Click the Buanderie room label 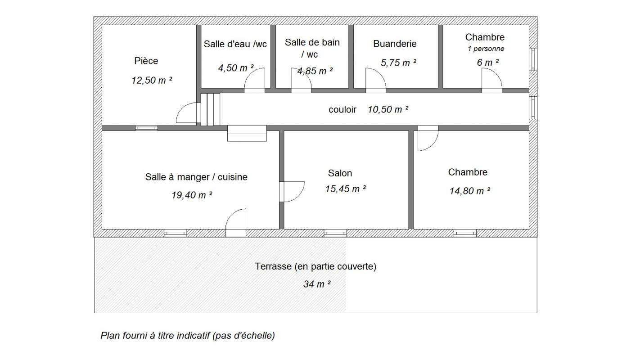pos(395,44)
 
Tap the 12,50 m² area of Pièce pos(152,80)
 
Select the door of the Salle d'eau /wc pos(254,80)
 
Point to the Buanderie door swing pos(376,80)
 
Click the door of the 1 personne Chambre pos(492,80)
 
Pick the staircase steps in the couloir pos(210,109)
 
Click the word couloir pos(342,109)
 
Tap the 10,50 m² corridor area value pos(388,109)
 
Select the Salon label pos(340,173)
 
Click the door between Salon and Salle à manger pos(292,192)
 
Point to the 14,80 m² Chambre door pos(428,138)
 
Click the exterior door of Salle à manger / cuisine pos(236,223)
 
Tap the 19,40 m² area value pos(192,195)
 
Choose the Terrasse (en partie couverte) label pos(315,266)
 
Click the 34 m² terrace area pos(317,284)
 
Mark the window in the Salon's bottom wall pos(335,233)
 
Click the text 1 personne pos(486,49)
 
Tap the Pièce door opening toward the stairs pos(186,112)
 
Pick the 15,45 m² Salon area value pos(346,189)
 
